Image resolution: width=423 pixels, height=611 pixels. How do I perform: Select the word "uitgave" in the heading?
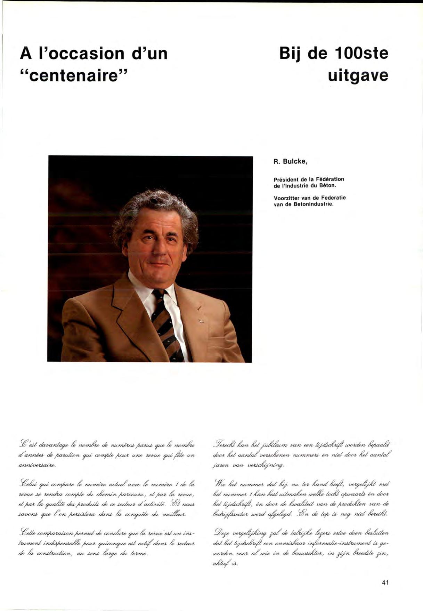click(358, 75)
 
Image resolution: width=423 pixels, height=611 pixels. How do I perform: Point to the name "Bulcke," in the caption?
click(295, 162)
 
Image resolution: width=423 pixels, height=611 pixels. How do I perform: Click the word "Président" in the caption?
click(286, 179)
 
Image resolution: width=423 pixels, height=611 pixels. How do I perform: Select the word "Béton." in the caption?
click(325, 185)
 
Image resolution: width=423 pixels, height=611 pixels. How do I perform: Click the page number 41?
click(384, 582)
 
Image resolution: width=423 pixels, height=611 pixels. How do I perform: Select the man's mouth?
click(158, 265)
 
